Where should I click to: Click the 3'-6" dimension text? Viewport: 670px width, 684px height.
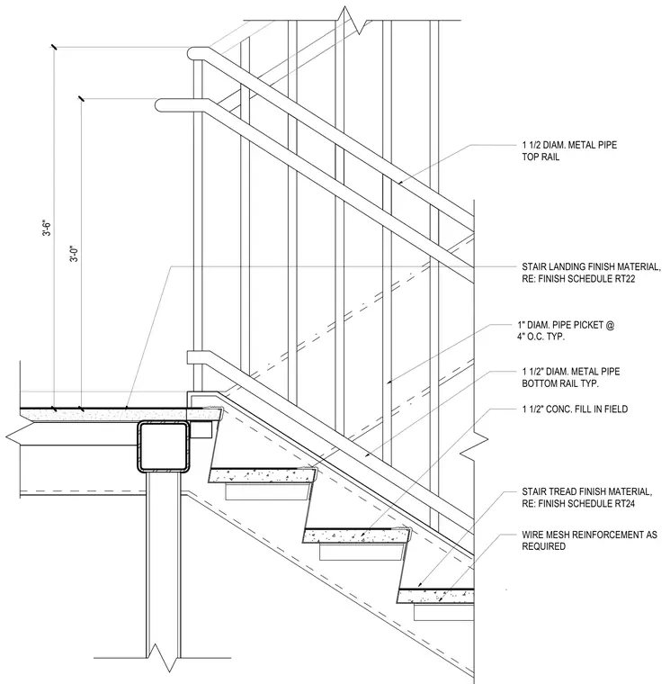(47, 229)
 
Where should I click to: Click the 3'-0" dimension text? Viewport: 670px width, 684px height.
(75, 254)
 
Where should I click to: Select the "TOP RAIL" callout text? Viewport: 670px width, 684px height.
(540, 157)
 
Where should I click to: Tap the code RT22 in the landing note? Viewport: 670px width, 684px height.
(625, 279)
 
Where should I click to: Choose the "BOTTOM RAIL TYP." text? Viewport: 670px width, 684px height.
(560, 384)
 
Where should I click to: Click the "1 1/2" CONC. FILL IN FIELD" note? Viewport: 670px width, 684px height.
(575, 409)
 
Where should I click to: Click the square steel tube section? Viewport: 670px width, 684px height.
(164, 446)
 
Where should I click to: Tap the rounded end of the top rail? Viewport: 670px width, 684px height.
(192, 53)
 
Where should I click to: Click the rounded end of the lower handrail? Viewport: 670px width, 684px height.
(160, 105)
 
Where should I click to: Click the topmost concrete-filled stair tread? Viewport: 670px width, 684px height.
(263, 475)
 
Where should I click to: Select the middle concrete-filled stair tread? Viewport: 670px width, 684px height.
(357, 535)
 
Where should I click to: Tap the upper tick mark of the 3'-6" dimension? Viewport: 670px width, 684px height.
(54, 47)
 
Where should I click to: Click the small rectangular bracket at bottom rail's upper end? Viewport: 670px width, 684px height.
(193, 357)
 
